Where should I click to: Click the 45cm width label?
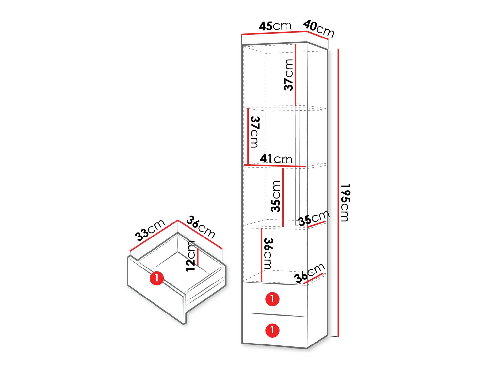coord(275,26)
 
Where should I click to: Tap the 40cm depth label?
coord(318,29)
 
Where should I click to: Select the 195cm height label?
coord(346,203)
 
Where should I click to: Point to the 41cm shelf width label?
coord(276,159)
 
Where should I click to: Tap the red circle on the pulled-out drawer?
coord(157,278)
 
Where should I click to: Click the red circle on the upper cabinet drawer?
coord(272,299)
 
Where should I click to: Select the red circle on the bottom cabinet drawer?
coord(272,330)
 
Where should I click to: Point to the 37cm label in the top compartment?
coord(288,75)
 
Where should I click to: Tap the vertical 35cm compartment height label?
coord(275,196)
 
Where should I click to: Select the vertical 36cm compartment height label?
coord(268,254)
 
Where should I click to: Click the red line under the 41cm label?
coord(275,166)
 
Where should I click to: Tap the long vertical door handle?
coord(298,164)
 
